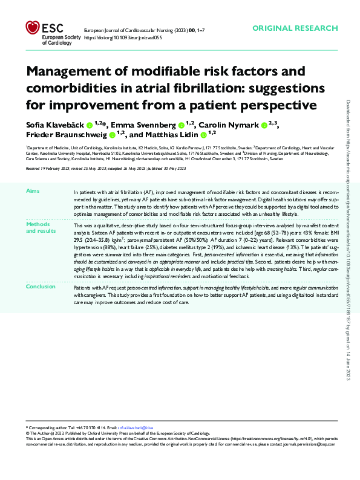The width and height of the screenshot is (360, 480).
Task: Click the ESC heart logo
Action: (x=33, y=28)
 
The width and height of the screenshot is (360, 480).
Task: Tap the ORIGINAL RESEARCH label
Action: (x=295, y=28)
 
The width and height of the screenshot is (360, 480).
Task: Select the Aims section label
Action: (x=33, y=190)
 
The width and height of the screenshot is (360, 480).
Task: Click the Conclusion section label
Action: (x=40, y=287)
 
